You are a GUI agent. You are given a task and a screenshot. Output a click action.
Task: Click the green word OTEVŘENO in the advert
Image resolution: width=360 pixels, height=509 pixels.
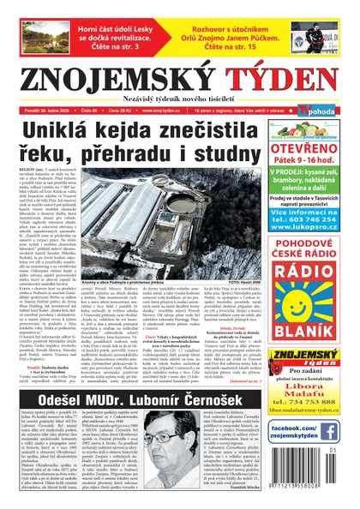(315, 147)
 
